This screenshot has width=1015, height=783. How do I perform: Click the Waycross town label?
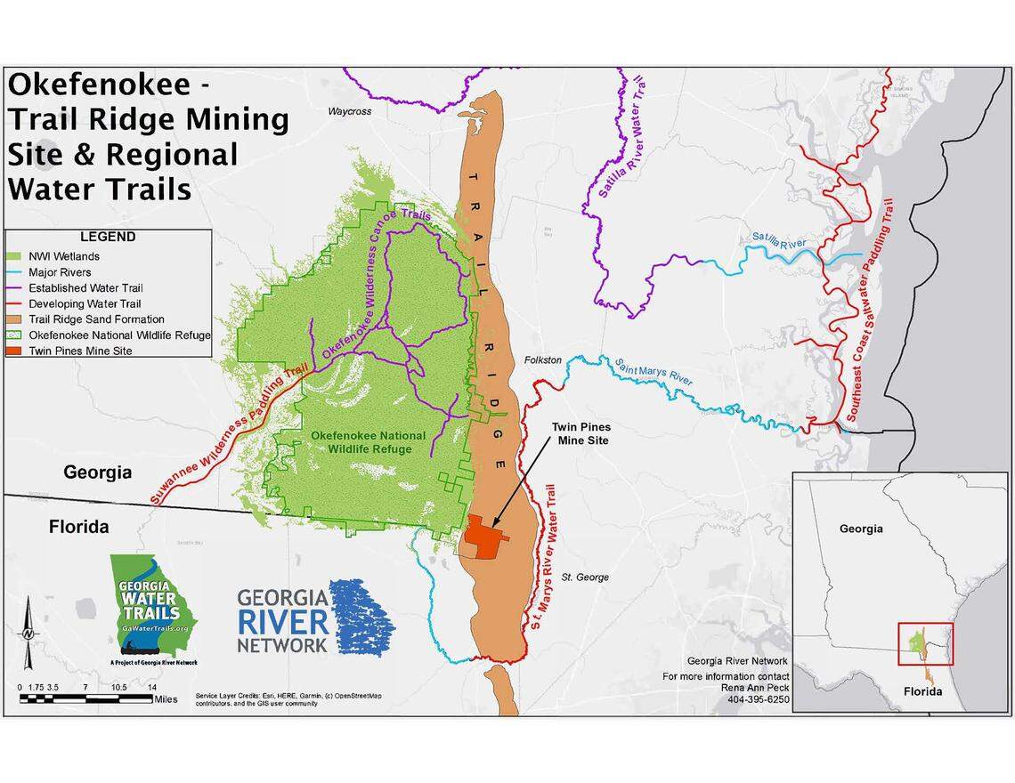(349, 112)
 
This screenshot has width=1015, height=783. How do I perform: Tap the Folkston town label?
(543, 359)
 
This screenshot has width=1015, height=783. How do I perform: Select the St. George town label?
(585, 577)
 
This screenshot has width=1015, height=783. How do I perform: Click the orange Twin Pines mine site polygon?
(485, 537)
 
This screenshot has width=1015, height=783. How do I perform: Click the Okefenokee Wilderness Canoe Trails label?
(375, 283)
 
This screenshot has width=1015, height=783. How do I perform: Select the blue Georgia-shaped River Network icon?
(361, 618)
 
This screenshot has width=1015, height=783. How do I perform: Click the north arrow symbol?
(28, 632)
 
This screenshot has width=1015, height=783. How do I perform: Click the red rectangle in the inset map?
(925, 643)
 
